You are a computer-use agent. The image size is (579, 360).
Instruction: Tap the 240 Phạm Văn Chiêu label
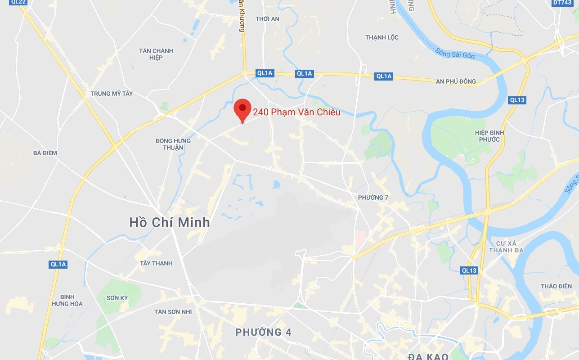tap(296, 112)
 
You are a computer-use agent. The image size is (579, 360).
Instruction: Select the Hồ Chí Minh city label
tap(169, 222)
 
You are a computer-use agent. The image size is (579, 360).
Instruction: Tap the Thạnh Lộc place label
tap(382, 37)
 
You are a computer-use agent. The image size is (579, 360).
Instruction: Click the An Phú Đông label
tap(456, 81)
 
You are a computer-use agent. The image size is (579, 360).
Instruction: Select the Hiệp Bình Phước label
tap(489, 136)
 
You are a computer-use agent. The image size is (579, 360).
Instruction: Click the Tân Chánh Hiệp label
tap(156, 54)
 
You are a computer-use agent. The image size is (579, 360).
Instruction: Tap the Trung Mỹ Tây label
tap(112, 94)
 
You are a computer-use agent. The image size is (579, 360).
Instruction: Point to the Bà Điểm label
tap(45, 153)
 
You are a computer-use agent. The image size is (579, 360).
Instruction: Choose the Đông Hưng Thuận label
tap(173, 144)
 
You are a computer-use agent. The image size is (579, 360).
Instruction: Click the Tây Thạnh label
tap(156, 263)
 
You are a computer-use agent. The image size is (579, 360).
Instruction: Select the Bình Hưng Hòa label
tap(67, 300)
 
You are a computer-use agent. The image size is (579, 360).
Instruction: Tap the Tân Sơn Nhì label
tap(173, 312)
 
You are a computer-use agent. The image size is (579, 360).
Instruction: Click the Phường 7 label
tap(373, 198)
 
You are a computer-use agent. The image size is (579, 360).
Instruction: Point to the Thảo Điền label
tap(557, 286)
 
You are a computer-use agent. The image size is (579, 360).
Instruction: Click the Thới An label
tap(267, 19)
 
